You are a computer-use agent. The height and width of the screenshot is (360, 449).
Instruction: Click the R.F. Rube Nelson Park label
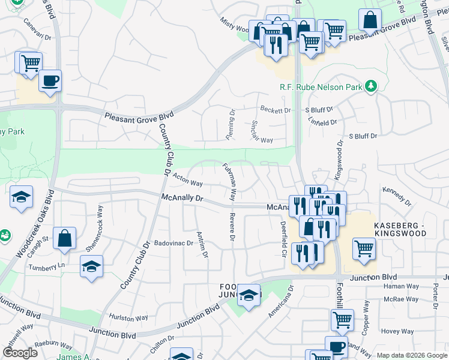321,87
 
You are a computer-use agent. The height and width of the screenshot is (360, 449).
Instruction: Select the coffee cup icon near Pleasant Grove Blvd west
50,80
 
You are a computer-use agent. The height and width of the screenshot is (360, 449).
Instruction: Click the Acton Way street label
187,179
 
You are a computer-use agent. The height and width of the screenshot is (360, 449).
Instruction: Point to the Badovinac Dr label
173,244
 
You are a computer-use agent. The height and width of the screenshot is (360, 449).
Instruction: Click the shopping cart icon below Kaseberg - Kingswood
364,248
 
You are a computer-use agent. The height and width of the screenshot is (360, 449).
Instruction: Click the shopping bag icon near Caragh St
64,238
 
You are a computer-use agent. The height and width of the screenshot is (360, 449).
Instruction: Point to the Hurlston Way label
128,317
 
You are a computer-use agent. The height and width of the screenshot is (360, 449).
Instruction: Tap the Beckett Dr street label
275,110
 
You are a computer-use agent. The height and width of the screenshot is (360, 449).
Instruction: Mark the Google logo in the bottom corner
20,353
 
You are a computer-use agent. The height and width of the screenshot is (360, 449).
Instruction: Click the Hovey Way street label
397,331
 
